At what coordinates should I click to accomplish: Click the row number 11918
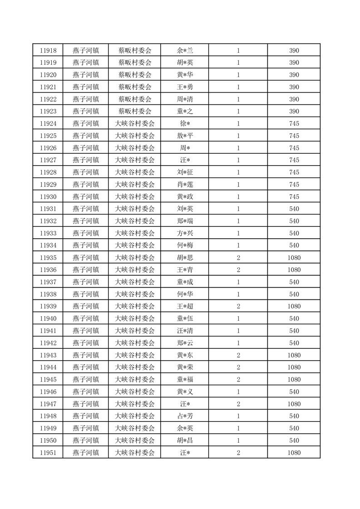[x=48, y=50]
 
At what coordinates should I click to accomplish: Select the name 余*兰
[x=185, y=50]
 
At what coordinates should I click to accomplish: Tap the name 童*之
[x=185, y=111]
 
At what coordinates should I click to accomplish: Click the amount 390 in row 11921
[x=294, y=87]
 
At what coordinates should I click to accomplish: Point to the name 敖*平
[x=185, y=136]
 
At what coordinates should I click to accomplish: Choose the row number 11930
[x=48, y=196]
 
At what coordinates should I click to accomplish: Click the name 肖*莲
[x=185, y=184]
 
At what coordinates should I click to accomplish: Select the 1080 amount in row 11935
[x=294, y=257]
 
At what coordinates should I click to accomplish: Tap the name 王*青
[x=185, y=269]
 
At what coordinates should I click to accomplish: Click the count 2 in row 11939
[x=238, y=306]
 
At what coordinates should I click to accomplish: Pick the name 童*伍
[x=185, y=318]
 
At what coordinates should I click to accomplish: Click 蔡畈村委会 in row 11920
[x=135, y=75]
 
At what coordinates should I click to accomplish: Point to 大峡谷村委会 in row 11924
[x=135, y=123]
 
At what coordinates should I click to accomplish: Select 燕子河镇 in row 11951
[x=86, y=452]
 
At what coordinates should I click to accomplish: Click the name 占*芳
[x=185, y=416]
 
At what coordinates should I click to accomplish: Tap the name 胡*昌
[x=185, y=440]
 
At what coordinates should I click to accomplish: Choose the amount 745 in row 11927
[x=294, y=160]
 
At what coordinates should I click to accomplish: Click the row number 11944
[x=48, y=367]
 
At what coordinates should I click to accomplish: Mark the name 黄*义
[x=185, y=392]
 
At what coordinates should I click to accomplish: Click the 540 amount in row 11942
[x=294, y=343]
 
